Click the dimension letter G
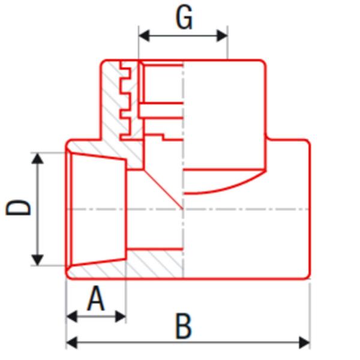click(184, 17)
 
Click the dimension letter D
click(19, 208)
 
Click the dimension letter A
click(96, 299)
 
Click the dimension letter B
click(184, 327)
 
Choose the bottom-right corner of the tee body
click(308, 277)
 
